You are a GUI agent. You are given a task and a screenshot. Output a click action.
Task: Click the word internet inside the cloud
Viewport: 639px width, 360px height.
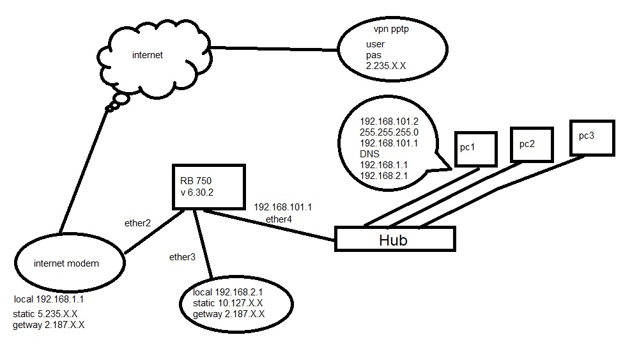pos(148,55)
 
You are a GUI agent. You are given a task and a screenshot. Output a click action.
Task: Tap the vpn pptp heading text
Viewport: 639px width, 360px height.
pos(390,29)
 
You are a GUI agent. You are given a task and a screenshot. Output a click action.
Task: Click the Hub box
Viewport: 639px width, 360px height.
pos(394,240)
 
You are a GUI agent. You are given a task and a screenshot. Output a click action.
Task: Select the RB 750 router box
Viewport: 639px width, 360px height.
pos(208,186)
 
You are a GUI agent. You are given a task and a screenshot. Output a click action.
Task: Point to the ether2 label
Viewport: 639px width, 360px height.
pos(137,223)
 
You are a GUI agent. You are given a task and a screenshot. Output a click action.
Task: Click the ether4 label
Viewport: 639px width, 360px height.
pos(279,220)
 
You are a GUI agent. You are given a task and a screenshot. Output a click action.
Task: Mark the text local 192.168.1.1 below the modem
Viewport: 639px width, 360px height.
pos(49,299)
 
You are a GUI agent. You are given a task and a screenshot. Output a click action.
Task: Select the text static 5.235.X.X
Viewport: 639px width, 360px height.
pos(45,314)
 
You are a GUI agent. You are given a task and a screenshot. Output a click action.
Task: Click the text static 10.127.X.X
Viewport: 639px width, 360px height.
pos(229,303)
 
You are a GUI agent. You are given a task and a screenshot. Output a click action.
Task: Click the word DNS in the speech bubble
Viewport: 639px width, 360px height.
pos(369,154)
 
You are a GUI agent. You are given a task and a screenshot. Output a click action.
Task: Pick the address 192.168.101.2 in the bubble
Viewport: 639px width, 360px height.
pos(389,121)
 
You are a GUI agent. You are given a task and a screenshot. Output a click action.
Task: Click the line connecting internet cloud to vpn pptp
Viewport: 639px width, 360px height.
pos(275,49)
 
